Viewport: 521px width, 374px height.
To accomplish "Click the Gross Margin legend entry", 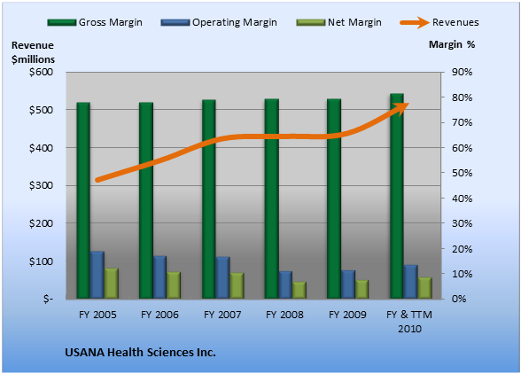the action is click(95, 22).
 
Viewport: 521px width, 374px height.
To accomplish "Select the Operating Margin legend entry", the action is click(219, 22).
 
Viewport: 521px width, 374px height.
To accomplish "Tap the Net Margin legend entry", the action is click(338, 22).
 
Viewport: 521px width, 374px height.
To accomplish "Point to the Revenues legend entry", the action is click(439, 22).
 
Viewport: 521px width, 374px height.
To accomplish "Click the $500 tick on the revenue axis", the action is click(41, 110).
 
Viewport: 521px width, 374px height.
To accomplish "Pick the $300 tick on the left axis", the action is click(41, 185).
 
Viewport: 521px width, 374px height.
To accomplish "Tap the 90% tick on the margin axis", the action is click(462, 72).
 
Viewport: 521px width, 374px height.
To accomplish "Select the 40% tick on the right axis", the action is click(462, 199).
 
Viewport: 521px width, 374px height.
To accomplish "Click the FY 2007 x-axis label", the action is click(222, 315).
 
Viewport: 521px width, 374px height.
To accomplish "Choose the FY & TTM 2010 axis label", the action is click(409, 322).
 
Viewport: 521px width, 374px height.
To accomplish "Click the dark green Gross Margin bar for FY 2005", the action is click(83, 200).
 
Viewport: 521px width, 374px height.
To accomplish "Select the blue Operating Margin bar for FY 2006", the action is click(159, 277).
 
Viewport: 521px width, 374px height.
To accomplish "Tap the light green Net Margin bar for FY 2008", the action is click(299, 290).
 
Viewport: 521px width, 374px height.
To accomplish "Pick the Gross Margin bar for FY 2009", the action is click(334, 199).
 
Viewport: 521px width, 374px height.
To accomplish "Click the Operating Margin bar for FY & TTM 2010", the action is click(411, 282).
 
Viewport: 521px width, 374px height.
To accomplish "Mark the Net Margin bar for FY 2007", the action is click(237, 285).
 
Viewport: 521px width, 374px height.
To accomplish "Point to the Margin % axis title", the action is click(452, 44).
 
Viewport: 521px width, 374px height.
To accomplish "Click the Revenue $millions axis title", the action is click(33, 52).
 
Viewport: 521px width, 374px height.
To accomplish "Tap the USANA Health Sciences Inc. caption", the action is click(140, 353).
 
